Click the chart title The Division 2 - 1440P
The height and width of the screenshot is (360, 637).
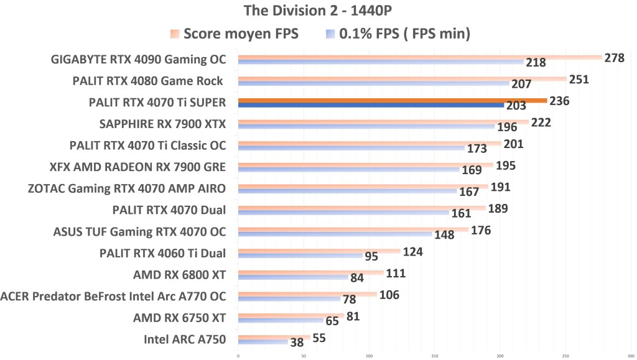click(x=318, y=11)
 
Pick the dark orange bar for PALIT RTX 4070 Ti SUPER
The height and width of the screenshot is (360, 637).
click(x=392, y=100)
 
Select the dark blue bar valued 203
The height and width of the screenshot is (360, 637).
click(x=371, y=106)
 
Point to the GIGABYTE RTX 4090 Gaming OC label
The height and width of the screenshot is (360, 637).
click(x=139, y=60)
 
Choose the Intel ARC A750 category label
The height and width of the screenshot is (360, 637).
click(x=185, y=339)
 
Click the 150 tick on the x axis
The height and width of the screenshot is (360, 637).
click(x=435, y=356)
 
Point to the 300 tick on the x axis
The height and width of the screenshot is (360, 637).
click(x=631, y=356)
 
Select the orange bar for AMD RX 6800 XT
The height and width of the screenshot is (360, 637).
click(x=310, y=272)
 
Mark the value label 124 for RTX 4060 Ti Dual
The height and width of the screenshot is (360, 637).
click(x=413, y=251)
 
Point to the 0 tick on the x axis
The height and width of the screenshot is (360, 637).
click(x=238, y=356)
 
